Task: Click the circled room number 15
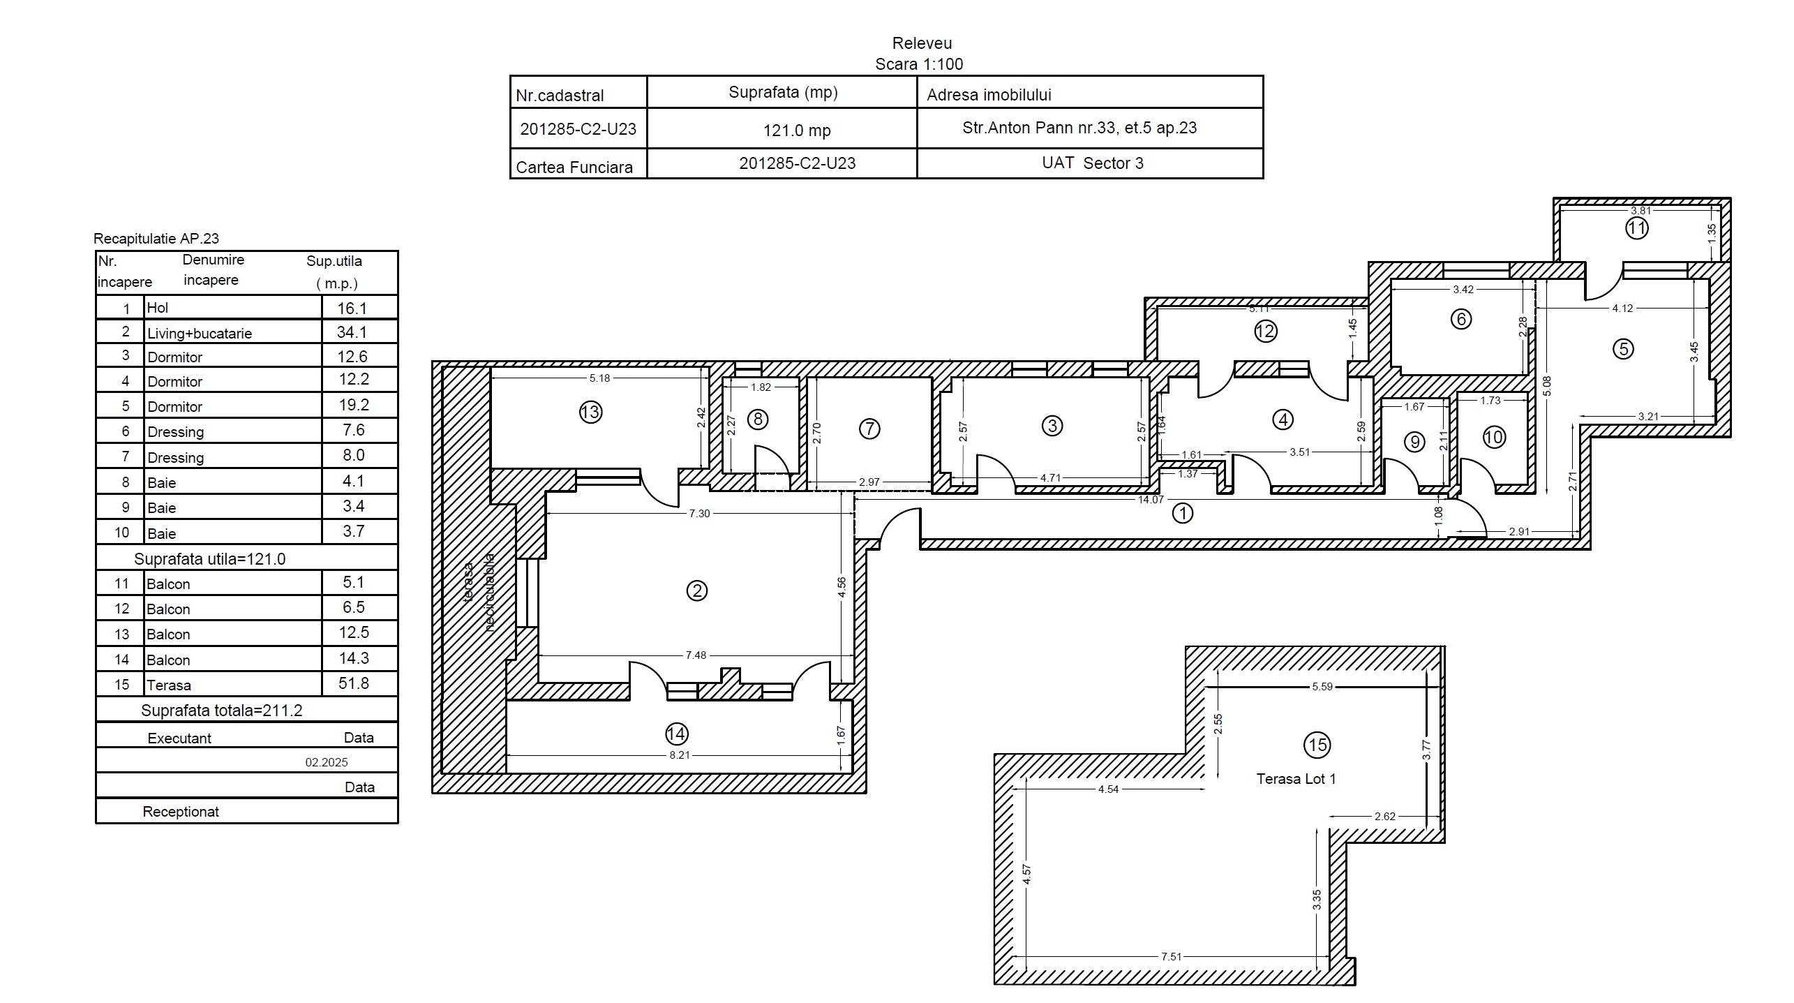click(1317, 745)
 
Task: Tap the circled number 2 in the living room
click(696, 590)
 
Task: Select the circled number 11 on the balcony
click(1636, 228)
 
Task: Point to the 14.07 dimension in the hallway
click(1151, 499)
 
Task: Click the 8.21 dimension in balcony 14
click(680, 755)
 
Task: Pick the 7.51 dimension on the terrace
click(1171, 956)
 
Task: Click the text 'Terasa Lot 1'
click(1296, 779)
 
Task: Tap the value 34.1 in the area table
click(352, 332)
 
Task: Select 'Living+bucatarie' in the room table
click(200, 334)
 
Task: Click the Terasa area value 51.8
click(353, 683)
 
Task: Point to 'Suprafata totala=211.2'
click(222, 711)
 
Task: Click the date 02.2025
click(327, 762)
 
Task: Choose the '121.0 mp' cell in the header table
click(796, 131)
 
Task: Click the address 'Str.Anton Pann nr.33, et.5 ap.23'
click(1079, 128)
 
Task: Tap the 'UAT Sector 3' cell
click(1093, 163)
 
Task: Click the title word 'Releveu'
click(922, 43)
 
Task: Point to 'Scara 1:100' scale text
click(919, 64)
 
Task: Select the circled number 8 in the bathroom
click(758, 419)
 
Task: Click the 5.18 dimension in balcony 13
click(599, 378)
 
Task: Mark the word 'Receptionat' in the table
click(181, 812)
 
